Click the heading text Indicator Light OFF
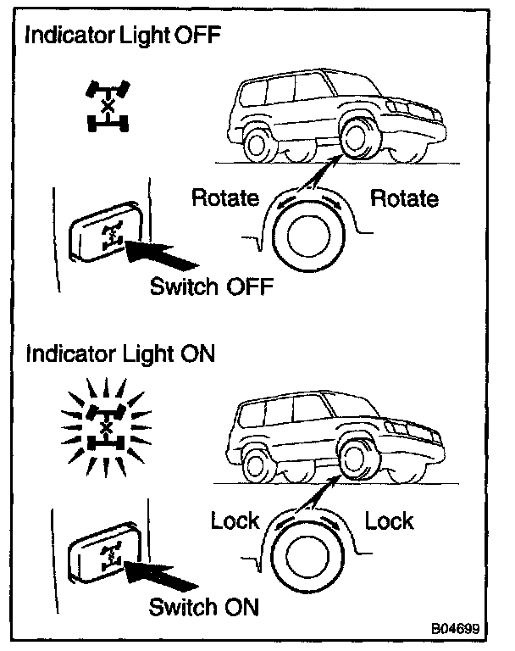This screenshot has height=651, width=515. (x=125, y=37)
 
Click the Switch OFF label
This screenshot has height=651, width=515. (x=212, y=287)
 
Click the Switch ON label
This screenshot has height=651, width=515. (x=203, y=607)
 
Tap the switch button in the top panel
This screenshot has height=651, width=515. (x=102, y=231)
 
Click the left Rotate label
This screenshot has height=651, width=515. (x=224, y=199)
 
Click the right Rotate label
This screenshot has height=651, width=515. (x=405, y=199)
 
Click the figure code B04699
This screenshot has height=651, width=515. (x=456, y=631)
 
